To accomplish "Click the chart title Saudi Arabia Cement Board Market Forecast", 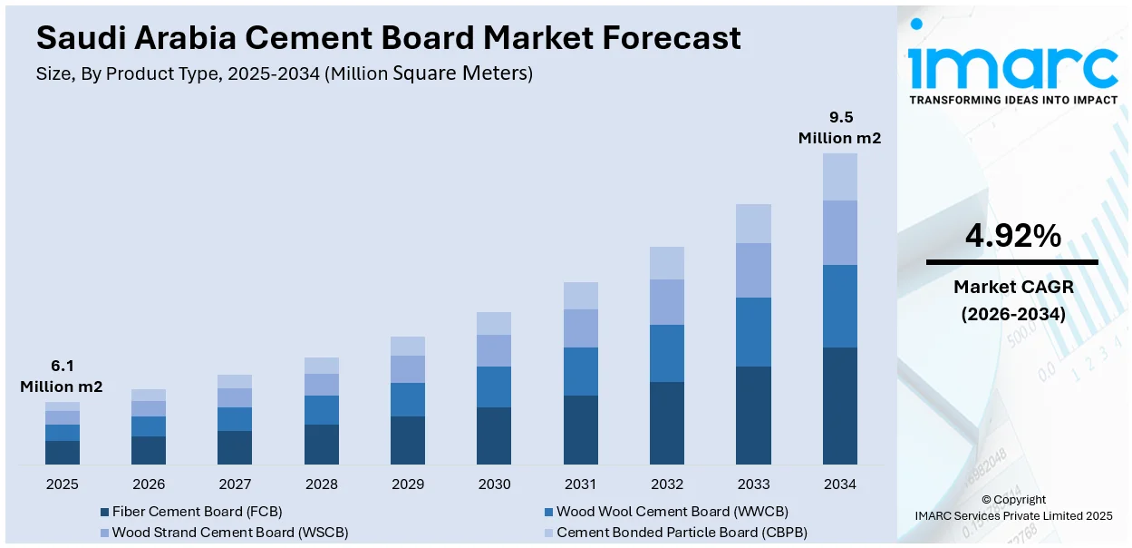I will coord(388,38).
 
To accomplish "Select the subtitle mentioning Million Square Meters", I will coord(285,73).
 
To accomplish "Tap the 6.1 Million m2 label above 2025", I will coord(62,377).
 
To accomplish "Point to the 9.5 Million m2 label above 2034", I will coord(839,128).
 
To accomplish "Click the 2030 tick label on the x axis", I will coord(494,484).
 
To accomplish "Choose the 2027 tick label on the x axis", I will coord(235,484).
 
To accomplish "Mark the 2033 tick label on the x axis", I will coord(753,484).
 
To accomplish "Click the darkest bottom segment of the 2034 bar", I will coord(839,406).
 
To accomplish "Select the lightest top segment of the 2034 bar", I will coord(839,177).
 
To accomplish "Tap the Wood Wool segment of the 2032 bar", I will coord(667,353).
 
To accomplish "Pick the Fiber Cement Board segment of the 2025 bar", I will coord(63,453).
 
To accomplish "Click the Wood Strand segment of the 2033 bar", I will coord(753,269).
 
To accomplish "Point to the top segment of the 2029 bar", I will coord(408,346).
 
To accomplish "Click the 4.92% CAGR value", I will coord(1012,237).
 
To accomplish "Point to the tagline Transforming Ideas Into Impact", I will coord(1013,100).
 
